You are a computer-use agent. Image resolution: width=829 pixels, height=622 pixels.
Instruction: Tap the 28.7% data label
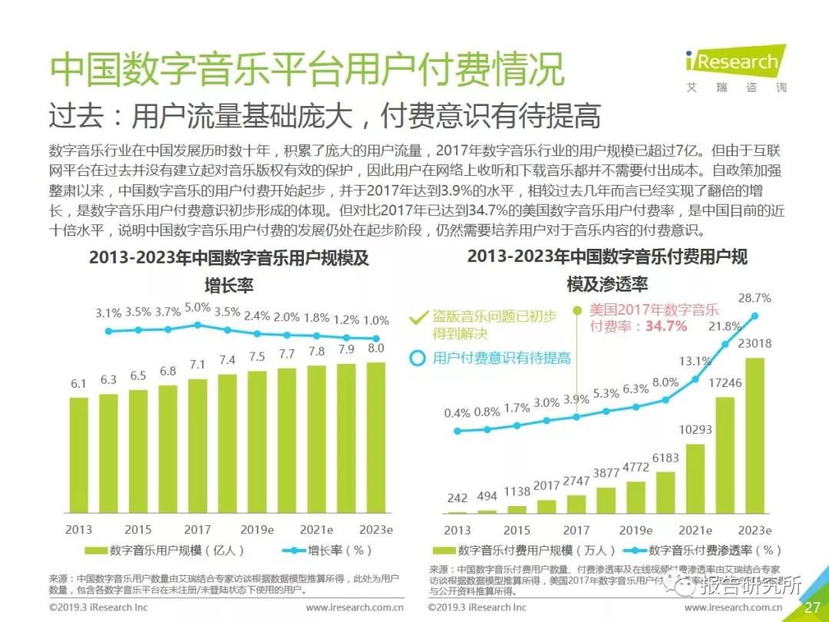755,298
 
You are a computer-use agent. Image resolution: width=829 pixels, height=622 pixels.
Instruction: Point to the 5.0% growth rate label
197,308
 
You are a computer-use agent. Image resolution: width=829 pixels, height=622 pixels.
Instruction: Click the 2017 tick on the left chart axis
197,530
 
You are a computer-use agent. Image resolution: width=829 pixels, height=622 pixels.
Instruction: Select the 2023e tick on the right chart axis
755,531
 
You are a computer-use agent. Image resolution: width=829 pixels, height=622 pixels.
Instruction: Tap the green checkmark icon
418,316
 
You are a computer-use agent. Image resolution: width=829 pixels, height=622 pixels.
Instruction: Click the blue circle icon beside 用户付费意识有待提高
418,358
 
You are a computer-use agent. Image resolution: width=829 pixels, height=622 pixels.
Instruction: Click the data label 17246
724,382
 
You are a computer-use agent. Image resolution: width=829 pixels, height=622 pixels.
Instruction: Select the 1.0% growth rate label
376,321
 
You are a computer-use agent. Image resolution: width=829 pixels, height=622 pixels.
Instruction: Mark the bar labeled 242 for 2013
457,512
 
